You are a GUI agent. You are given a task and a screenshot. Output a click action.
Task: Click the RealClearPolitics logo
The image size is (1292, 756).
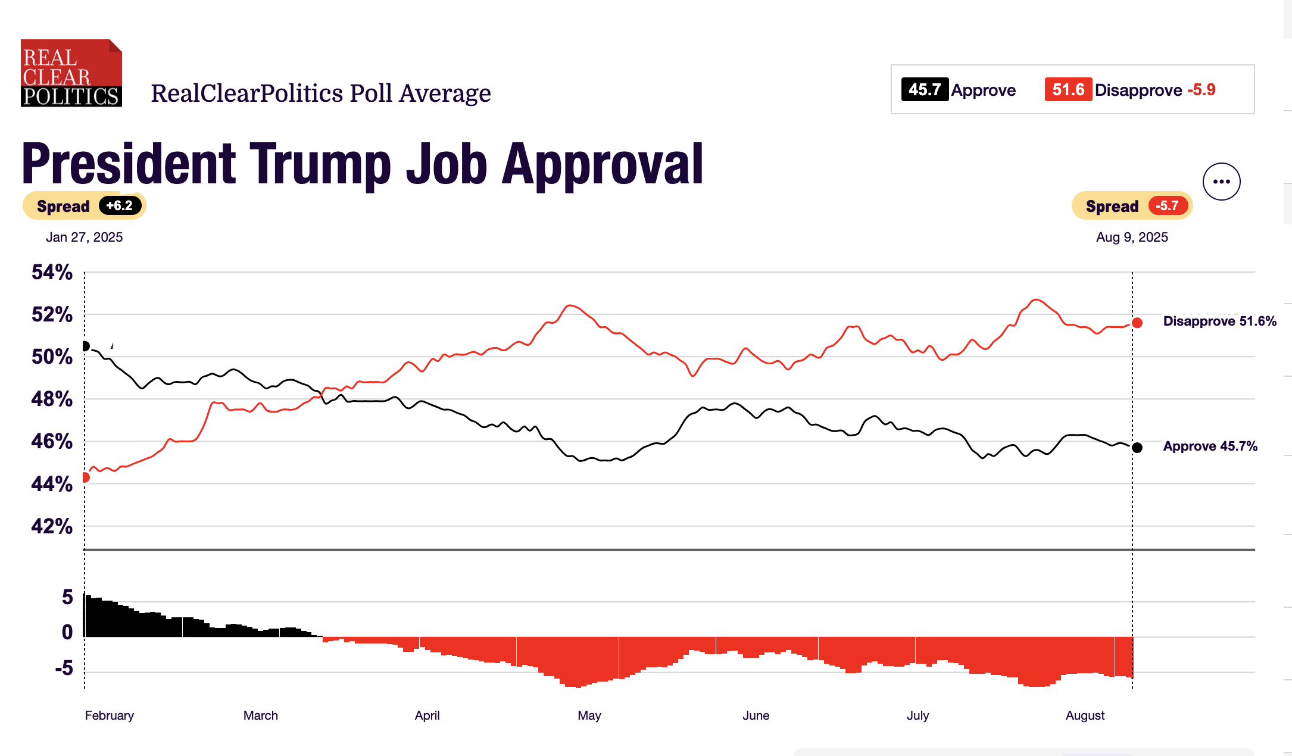pos(71,73)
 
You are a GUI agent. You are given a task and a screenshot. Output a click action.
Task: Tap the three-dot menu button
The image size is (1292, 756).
pos(1221,182)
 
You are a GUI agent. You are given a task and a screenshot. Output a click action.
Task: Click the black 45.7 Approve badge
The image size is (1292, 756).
pos(925,90)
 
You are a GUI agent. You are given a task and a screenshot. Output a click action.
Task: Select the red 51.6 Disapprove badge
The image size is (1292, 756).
pos(1068,90)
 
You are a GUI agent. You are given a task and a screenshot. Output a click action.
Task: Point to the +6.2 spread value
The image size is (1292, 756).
pos(120,206)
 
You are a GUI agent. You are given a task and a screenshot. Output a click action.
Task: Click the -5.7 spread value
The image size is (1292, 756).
pos(1168,206)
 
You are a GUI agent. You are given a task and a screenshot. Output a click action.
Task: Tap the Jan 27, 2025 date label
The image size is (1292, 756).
pos(85,237)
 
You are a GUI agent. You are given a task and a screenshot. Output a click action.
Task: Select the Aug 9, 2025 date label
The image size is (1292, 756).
pos(1132,237)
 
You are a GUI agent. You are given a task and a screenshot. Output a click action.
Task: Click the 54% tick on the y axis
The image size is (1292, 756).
pos(52,273)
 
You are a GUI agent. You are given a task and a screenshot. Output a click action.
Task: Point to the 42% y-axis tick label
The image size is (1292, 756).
pos(52,526)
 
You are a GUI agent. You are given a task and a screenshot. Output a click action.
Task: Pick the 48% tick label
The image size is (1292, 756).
pos(52,399)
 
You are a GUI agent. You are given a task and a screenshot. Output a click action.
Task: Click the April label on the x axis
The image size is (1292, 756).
pos(427,716)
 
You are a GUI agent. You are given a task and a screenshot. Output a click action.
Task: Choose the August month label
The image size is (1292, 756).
pos(1085,716)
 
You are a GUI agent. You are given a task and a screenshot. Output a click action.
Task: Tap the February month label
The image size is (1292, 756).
pos(110,716)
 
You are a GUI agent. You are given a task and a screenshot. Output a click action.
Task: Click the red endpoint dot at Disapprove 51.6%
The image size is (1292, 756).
pos(1137,323)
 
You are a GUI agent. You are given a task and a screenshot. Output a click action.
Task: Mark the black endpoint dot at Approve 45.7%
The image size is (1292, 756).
pos(1137,448)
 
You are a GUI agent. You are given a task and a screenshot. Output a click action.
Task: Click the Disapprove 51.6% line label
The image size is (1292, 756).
pos(1219,321)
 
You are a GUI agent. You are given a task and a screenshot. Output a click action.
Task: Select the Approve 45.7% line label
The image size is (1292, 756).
pos(1210,446)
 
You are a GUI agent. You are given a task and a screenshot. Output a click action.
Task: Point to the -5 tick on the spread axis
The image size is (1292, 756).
pos(64,668)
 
